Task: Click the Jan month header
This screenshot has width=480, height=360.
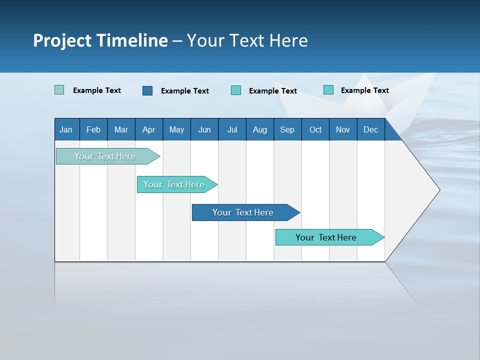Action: (x=66, y=129)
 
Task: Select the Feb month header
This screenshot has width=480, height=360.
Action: (x=93, y=129)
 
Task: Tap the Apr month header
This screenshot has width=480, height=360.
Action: (x=149, y=129)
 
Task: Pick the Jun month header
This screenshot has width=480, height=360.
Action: (x=204, y=129)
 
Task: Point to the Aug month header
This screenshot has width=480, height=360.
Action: (x=260, y=129)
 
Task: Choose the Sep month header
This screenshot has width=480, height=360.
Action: (x=287, y=129)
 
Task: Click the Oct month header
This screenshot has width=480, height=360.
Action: (x=315, y=129)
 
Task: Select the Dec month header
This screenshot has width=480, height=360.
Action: (x=371, y=129)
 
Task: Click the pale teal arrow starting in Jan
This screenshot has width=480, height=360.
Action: (x=105, y=156)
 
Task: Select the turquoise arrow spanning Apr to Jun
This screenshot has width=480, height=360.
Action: (x=174, y=184)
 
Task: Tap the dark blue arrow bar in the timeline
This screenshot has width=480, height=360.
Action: (x=243, y=212)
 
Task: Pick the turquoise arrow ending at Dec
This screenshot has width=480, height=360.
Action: (x=326, y=237)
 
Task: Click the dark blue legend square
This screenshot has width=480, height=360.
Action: (x=147, y=90)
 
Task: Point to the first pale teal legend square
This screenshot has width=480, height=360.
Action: (x=59, y=90)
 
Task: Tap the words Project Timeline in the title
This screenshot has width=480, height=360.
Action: (x=100, y=40)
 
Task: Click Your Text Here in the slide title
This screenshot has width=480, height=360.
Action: (x=247, y=40)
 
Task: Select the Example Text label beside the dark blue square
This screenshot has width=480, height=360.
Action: (x=185, y=91)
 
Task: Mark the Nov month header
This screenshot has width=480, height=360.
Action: (x=343, y=129)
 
